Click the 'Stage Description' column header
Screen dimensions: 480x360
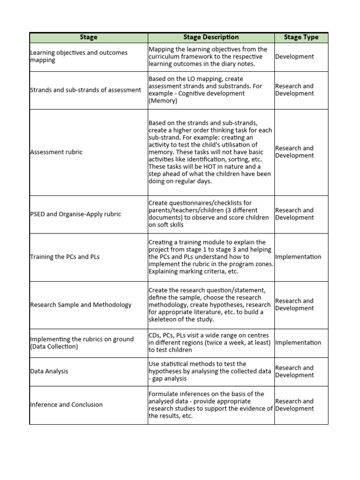[211, 37]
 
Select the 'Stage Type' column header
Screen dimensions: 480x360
[301, 37]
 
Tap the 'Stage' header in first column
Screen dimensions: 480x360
[89, 37]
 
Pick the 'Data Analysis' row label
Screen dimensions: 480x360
[49, 371]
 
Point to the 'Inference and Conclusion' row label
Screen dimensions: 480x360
[66, 405]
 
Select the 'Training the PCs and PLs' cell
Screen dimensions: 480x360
[65, 257]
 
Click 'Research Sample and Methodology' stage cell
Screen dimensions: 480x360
[81, 305]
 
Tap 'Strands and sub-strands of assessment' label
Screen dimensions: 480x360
[85, 90]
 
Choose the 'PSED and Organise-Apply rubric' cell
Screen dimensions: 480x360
[75, 214]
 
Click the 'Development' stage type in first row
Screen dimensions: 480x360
[294, 57]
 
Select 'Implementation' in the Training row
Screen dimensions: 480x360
[298, 257]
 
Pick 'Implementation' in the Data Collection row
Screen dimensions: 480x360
[298, 343]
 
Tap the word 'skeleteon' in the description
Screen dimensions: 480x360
[164, 320]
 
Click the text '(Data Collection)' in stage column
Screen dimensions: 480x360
[54, 347]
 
